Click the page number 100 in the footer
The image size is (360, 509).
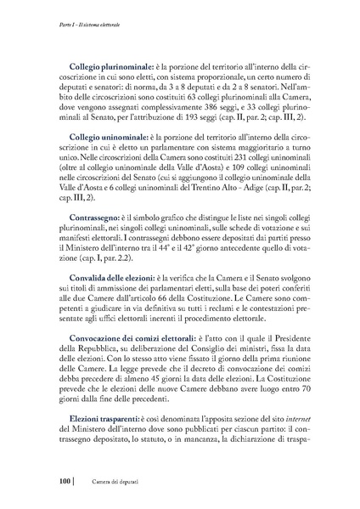tap(64, 482)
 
